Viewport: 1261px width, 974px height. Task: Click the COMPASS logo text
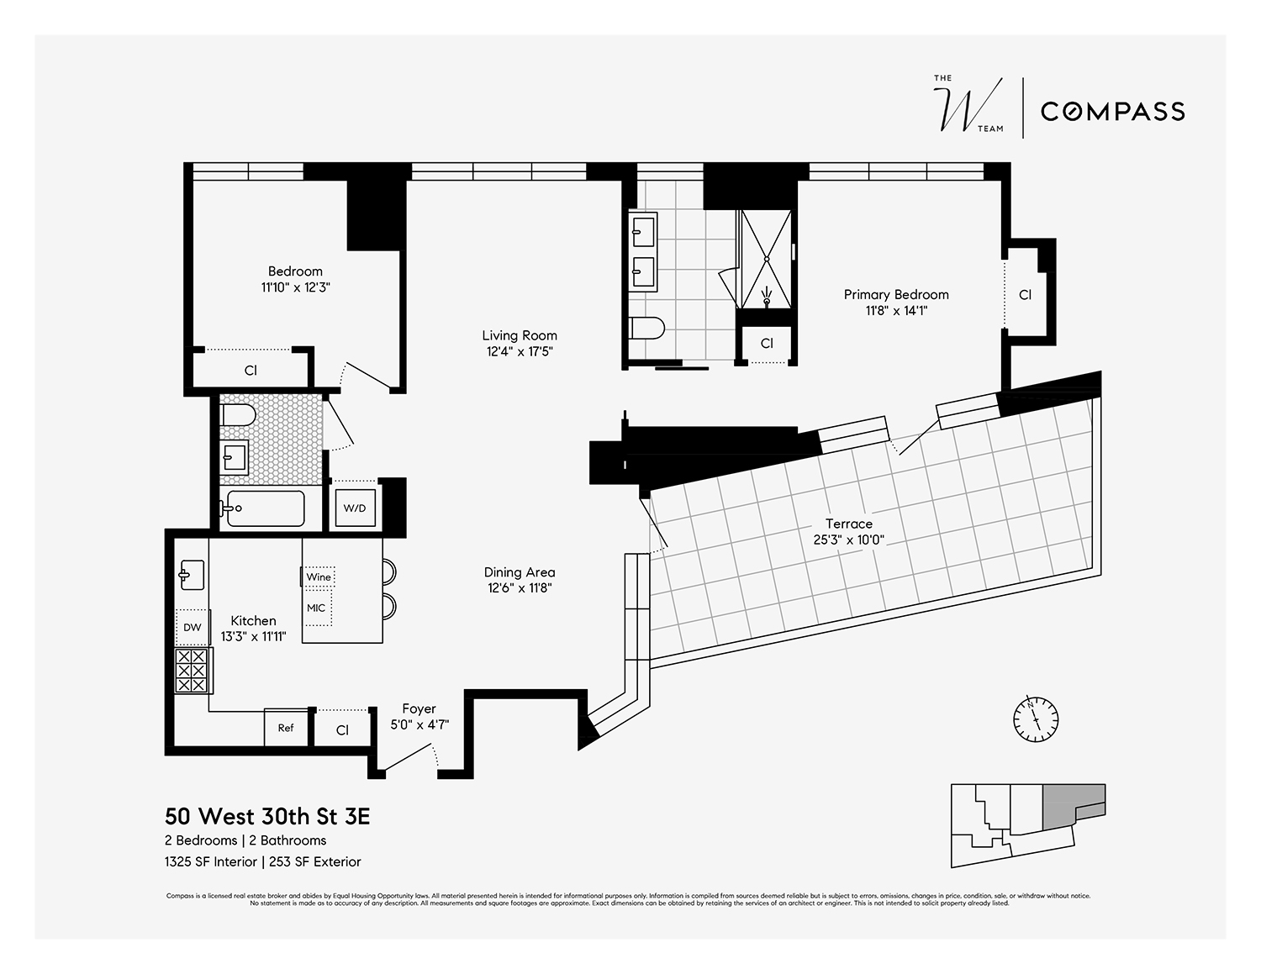click(x=1112, y=111)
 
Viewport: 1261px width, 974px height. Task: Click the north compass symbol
click(x=1035, y=719)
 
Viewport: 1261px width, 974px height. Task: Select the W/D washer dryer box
click(x=354, y=508)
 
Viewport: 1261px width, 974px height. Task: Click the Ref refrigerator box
click(x=286, y=728)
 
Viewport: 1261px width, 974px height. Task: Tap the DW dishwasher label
click(x=193, y=628)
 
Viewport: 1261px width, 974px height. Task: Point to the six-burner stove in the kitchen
click(x=193, y=671)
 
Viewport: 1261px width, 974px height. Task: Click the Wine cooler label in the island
click(x=319, y=577)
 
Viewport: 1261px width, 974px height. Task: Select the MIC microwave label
click(x=316, y=608)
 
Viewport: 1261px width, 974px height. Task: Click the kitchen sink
click(x=191, y=576)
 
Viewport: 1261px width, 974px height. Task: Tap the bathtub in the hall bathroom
click(x=261, y=508)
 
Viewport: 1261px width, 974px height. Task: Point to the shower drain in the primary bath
click(x=766, y=297)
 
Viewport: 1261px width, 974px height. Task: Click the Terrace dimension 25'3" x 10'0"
click(x=848, y=540)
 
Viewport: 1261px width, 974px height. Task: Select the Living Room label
click(x=519, y=335)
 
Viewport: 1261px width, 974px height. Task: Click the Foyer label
click(x=419, y=708)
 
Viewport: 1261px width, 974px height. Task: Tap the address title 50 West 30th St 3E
click(x=267, y=816)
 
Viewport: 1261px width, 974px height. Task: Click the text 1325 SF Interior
click(x=210, y=861)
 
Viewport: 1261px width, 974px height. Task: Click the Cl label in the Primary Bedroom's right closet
click(x=1025, y=295)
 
